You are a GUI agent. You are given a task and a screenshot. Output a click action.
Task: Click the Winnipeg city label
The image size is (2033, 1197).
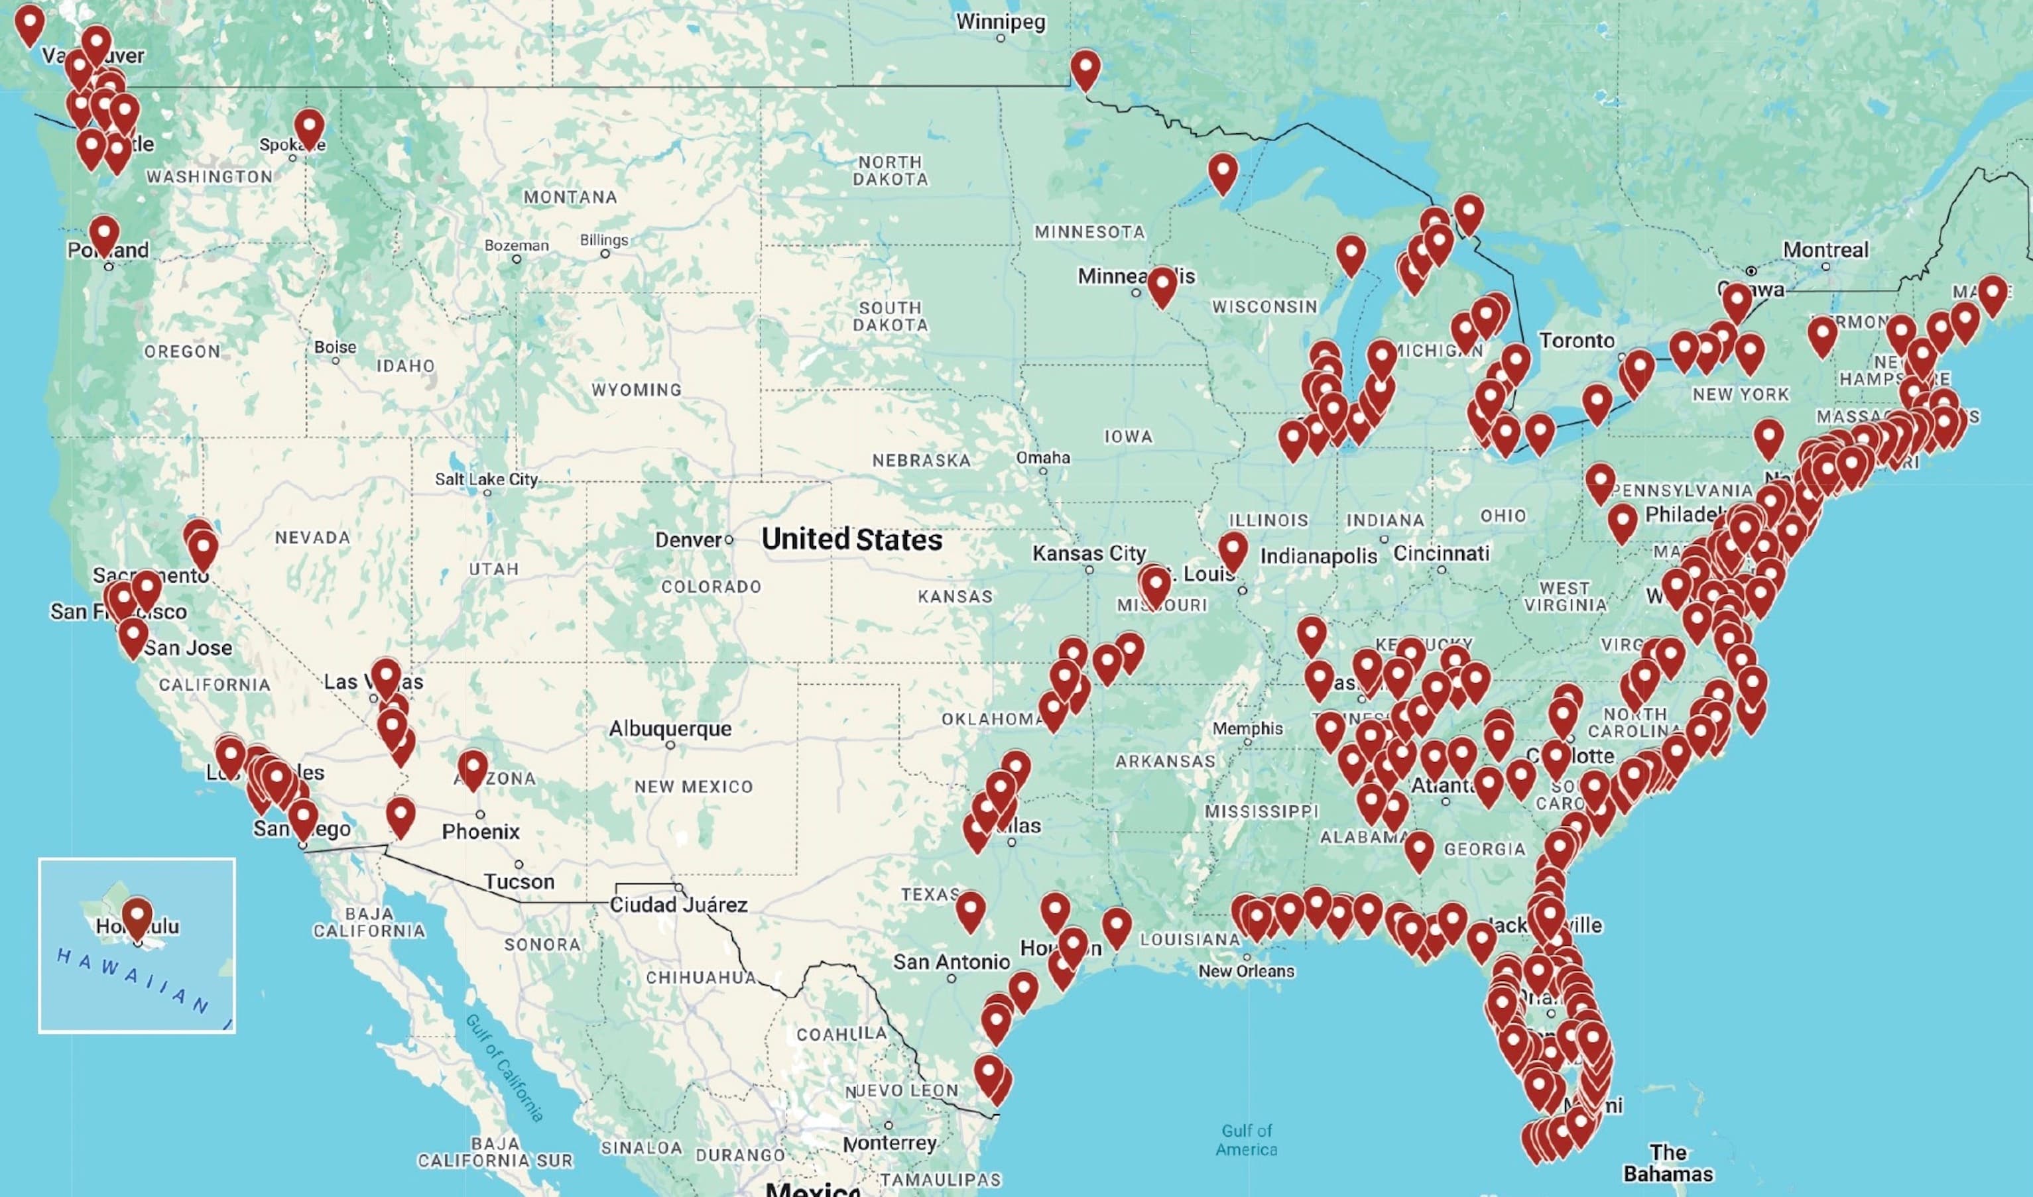pos(1001,22)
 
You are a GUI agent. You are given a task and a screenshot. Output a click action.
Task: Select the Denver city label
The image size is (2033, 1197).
pos(688,540)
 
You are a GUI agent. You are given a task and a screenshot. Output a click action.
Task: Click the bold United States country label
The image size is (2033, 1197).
pos(851,540)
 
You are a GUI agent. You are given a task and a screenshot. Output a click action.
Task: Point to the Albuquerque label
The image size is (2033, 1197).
pos(670,728)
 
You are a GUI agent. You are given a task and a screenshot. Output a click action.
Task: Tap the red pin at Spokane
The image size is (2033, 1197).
pos(309,127)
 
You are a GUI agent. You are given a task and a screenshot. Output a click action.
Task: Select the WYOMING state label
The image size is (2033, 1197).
pos(636,390)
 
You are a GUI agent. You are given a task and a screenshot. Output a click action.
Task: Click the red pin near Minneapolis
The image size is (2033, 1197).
pos(1162,286)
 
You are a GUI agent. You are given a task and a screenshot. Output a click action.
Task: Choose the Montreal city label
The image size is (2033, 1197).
pos(1825,250)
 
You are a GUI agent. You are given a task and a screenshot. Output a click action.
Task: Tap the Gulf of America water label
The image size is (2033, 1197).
pos(1246,1140)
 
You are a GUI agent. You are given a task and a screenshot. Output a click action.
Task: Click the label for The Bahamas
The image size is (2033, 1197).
pos(1668,1163)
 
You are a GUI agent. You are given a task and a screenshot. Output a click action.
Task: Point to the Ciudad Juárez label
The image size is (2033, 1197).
pos(678,905)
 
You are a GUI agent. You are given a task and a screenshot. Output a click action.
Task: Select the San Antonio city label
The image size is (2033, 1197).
pos(951,962)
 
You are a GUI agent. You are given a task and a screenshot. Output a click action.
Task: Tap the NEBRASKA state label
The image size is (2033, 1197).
pos(920,461)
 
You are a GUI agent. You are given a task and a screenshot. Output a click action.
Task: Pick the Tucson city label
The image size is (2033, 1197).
pos(519,882)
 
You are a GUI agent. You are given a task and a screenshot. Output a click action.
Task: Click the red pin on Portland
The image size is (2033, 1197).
pos(104,235)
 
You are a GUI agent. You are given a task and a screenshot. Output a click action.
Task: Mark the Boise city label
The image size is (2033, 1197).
pos(335,347)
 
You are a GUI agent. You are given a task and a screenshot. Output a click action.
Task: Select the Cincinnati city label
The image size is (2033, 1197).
pos(1441,553)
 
